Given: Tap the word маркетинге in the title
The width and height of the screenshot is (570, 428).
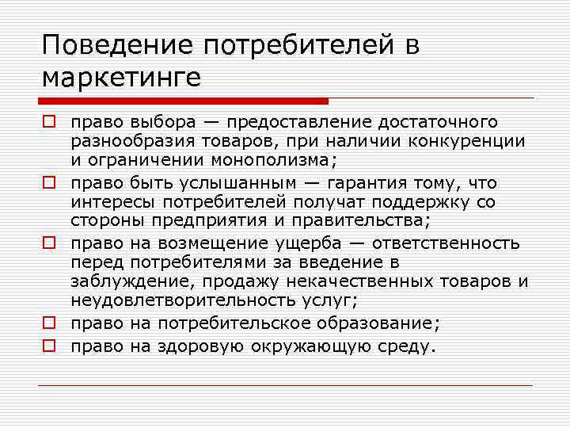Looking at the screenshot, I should pos(122,78).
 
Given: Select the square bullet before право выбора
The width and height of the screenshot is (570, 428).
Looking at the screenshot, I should pos(47,123).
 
